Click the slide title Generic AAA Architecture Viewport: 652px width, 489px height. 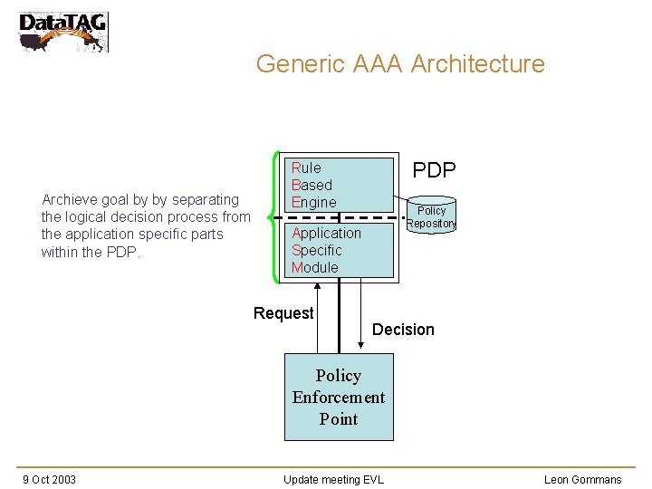400,64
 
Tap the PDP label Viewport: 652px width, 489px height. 434,170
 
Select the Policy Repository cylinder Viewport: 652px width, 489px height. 431,214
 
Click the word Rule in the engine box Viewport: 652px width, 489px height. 306,168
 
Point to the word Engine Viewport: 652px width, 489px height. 313,202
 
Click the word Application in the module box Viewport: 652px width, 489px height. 326,233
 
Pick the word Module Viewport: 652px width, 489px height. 314,267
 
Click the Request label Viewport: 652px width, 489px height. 283,313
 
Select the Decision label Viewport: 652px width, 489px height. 403,330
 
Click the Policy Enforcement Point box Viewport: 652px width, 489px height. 339,397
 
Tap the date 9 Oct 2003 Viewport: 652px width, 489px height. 49,479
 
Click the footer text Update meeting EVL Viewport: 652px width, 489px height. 333,479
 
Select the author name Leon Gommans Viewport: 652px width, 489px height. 582,479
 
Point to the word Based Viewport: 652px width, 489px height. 312,185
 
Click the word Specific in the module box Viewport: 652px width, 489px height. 316,250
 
